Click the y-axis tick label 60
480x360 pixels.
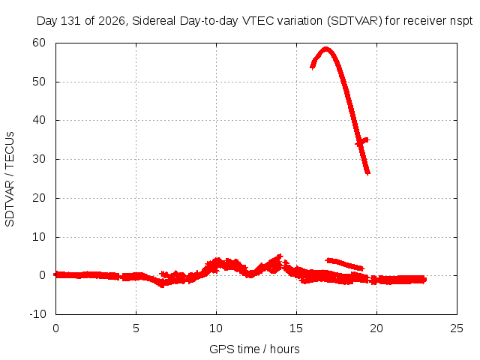click(39, 43)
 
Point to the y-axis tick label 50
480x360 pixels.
click(39, 82)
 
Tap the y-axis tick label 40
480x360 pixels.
click(39, 120)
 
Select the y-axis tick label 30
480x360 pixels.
click(39, 159)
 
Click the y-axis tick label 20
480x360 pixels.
click(39, 198)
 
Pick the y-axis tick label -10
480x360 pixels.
click(37, 314)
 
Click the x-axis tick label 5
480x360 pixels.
click(136, 328)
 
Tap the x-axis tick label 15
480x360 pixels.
click(296, 328)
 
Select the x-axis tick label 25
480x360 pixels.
click(457, 328)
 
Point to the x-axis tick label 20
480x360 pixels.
click(376, 328)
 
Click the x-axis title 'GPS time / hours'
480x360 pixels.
click(254, 349)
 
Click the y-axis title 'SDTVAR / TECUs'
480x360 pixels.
click(10, 179)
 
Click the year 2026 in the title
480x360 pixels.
click(112, 21)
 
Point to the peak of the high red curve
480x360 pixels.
click(326, 49)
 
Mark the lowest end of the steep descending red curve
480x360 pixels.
click(367, 173)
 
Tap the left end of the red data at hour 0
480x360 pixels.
click(55, 274)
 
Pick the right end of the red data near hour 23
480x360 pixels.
click(424, 280)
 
